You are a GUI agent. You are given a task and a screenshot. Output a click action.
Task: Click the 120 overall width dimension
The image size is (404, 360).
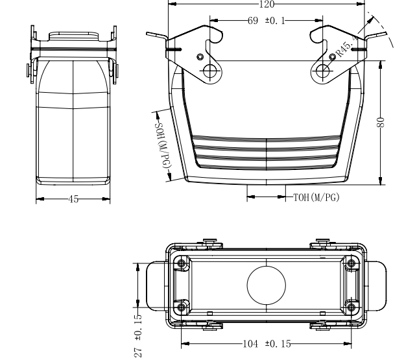[267, 4]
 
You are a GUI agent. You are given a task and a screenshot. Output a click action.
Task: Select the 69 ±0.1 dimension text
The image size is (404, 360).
[267, 21]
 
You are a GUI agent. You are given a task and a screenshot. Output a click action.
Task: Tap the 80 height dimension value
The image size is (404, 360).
[381, 122]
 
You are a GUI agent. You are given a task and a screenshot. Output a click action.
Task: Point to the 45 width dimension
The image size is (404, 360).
[73, 199]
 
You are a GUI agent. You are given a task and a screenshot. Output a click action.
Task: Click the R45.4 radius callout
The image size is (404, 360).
[347, 47]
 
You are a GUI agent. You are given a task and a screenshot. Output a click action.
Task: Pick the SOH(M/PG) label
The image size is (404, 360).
[163, 146]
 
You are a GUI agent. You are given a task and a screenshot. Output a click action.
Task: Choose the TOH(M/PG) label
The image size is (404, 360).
[316, 197]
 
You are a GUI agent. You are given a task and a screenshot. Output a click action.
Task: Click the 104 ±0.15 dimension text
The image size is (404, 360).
[267, 344]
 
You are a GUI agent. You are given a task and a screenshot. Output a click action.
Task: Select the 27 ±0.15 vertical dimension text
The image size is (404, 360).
[138, 335]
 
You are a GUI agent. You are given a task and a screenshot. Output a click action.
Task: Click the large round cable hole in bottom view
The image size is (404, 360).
[267, 285]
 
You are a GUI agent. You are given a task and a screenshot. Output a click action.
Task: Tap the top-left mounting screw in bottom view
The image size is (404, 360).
[182, 263]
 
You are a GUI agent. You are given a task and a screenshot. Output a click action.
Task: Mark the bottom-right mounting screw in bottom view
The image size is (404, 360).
[351, 307]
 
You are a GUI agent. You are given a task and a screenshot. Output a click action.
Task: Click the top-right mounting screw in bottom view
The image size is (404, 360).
[351, 263]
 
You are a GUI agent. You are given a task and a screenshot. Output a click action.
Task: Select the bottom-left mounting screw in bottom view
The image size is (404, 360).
[182, 307]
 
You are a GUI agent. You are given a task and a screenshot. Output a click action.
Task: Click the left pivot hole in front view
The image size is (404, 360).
[209, 70]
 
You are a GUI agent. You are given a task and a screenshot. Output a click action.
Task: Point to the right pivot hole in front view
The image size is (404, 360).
[322, 71]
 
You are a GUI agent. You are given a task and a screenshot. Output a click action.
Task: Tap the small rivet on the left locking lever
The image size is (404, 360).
[200, 56]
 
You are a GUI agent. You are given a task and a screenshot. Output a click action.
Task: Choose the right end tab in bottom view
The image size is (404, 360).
[377, 285]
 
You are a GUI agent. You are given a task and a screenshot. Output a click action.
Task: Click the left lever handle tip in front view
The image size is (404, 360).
[147, 34]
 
